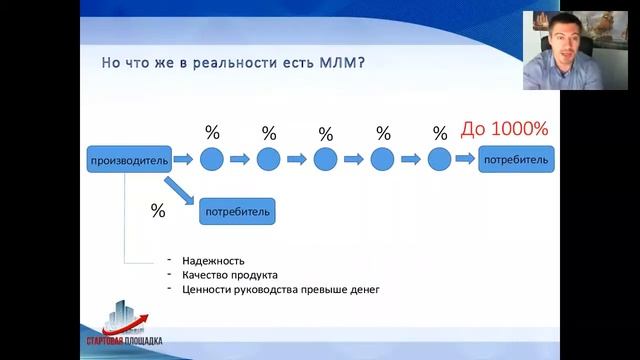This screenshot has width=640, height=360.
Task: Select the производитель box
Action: [x=128, y=159]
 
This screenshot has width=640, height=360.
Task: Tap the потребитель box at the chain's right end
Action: [x=516, y=159]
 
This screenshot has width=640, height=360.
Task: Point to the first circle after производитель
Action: [x=212, y=159]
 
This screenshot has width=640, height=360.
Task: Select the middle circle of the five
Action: [x=326, y=159]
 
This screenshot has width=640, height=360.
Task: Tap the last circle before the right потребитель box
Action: [x=440, y=159]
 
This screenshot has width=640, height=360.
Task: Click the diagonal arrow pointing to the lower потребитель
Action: [x=180, y=191]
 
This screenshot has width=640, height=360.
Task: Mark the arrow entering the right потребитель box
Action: [x=466, y=159]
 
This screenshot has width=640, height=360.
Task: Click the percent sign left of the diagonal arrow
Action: [x=157, y=211]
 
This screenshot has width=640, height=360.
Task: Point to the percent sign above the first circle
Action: [x=212, y=133]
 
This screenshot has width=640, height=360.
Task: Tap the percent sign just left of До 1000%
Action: [x=440, y=133]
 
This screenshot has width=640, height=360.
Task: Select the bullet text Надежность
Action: [x=212, y=260]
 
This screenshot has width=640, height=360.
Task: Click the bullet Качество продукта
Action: [x=230, y=275]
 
